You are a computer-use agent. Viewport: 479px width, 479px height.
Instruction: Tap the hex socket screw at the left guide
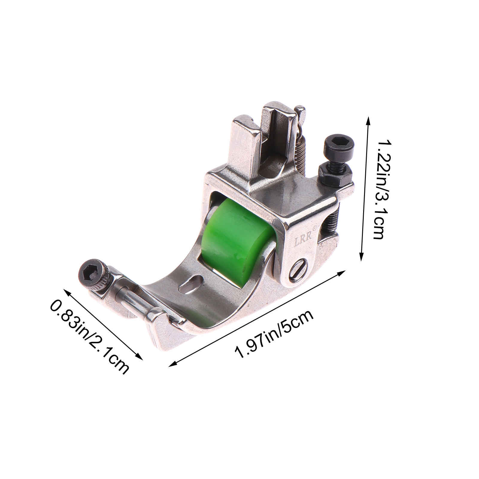point(93,274)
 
